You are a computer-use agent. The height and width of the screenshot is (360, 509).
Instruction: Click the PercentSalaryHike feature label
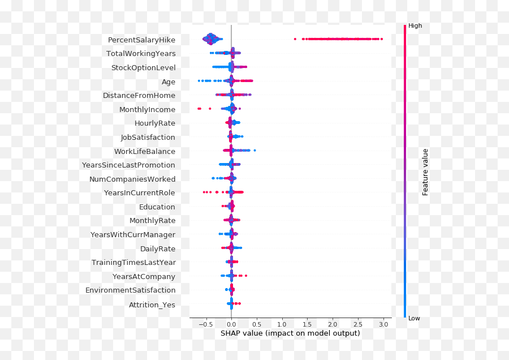point(141,40)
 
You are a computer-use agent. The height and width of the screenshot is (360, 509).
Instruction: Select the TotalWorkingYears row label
point(141,54)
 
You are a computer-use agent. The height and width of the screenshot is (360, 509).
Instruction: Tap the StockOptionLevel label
point(143,68)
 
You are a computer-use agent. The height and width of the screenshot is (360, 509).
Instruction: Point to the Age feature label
point(169,82)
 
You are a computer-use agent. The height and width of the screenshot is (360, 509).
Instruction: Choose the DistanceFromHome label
point(139,96)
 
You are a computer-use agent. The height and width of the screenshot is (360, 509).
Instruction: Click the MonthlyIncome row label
point(147,110)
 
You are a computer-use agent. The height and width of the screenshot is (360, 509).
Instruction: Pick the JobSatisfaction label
point(148,138)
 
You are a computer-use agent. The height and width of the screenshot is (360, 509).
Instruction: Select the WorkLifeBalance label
point(145,152)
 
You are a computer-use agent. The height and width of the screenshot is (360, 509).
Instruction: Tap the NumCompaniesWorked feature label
point(132,179)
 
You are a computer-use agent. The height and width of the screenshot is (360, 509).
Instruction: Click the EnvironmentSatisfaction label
point(130,290)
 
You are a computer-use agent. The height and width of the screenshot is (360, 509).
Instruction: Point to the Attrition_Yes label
point(152,305)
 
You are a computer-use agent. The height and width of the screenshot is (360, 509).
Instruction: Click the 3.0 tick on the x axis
point(383,324)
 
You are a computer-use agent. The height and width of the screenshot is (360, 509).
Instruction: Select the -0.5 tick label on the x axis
point(206,324)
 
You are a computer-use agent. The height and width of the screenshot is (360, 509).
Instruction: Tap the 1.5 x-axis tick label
point(307,324)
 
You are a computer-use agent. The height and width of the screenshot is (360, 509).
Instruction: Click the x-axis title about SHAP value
point(290,333)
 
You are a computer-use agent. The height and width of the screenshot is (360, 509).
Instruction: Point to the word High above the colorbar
point(415,26)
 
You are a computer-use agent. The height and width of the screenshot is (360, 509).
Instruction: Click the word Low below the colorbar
point(414,319)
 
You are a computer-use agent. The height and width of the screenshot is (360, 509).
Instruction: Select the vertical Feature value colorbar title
point(425,172)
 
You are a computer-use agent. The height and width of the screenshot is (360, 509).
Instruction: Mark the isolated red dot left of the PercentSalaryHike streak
point(295,39)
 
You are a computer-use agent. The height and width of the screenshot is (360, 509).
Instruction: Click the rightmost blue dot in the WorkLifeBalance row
point(255,150)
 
